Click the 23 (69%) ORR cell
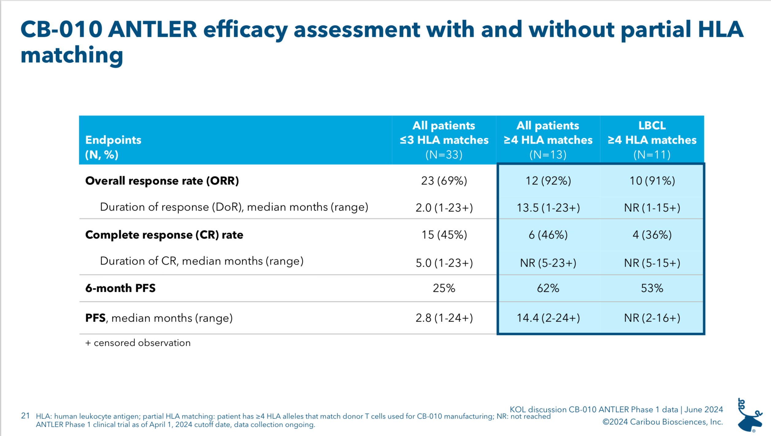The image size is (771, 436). (444, 181)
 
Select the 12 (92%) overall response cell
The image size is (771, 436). (548, 181)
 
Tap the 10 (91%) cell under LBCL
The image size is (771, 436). (652, 181)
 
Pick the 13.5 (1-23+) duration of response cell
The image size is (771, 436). (548, 208)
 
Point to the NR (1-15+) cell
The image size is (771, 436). (652, 208)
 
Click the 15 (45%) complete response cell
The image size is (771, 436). (444, 235)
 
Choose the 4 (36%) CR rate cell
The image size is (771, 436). (652, 235)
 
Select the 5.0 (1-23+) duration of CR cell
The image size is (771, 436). (444, 263)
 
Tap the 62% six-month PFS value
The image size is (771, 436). (548, 288)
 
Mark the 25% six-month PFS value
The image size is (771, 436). (444, 288)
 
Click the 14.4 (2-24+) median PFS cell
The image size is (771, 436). (548, 318)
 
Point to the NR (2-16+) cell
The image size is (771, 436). (652, 318)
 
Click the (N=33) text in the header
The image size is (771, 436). (444, 155)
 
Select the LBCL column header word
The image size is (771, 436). (652, 125)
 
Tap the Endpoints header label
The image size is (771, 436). (113, 140)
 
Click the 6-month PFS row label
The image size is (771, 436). (120, 288)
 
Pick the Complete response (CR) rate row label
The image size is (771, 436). (164, 235)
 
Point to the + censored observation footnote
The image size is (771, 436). (138, 343)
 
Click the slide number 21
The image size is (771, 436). (25, 416)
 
